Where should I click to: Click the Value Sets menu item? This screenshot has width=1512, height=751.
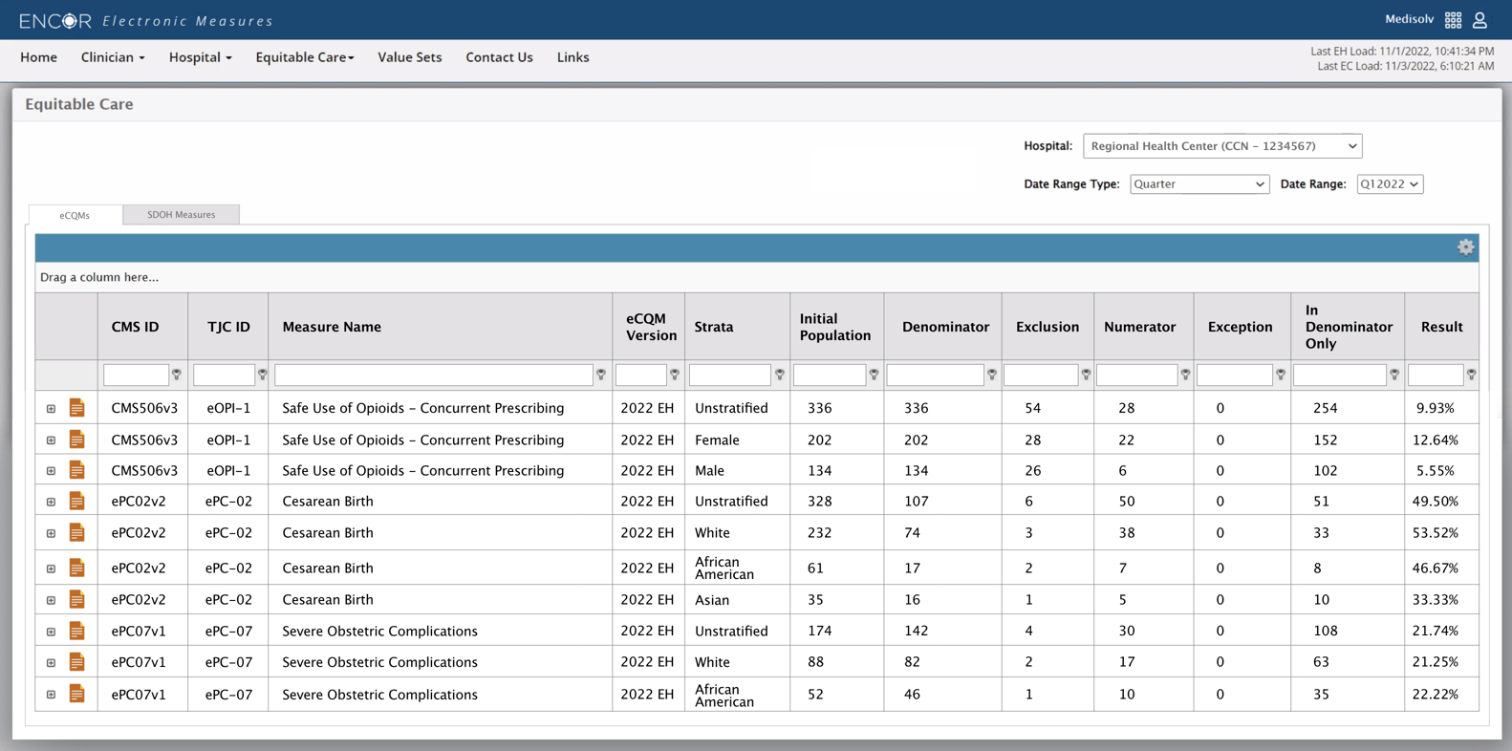tap(409, 57)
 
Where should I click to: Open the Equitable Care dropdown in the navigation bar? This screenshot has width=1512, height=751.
tap(304, 57)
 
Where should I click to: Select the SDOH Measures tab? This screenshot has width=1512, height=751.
tap(181, 215)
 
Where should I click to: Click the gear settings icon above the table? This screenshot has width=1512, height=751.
tap(1465, 247)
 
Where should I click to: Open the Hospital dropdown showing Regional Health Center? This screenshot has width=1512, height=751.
tap(1221, 146)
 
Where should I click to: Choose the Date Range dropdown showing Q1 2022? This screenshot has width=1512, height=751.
tap(1389, 184)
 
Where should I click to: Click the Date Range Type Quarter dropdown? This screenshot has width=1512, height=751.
tap(1199, 184)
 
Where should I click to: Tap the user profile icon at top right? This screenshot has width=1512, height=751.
tap(1480, 20)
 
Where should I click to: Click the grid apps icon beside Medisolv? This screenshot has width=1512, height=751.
tap(1453, 20)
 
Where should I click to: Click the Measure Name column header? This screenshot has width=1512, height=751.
tap(332, 327)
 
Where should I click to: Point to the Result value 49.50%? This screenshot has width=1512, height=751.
tap(1435, 502)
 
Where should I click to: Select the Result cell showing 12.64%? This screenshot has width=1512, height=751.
tap(1435, 440)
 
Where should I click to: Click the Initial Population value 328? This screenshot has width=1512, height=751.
tap(819, 502)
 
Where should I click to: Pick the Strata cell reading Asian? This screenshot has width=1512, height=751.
tap(712, 600)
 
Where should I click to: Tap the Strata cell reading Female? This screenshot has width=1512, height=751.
tap(717, 440)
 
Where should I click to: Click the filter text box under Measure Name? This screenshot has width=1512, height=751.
tap(433, 375)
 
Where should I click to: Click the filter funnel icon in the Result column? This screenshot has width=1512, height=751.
tap(1471, 375)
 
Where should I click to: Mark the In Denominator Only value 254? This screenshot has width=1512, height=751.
tap(1325, 408)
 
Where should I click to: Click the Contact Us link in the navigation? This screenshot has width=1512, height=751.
tap(499, 57)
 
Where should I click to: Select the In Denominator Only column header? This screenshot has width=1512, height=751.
tap(1348, 327)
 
